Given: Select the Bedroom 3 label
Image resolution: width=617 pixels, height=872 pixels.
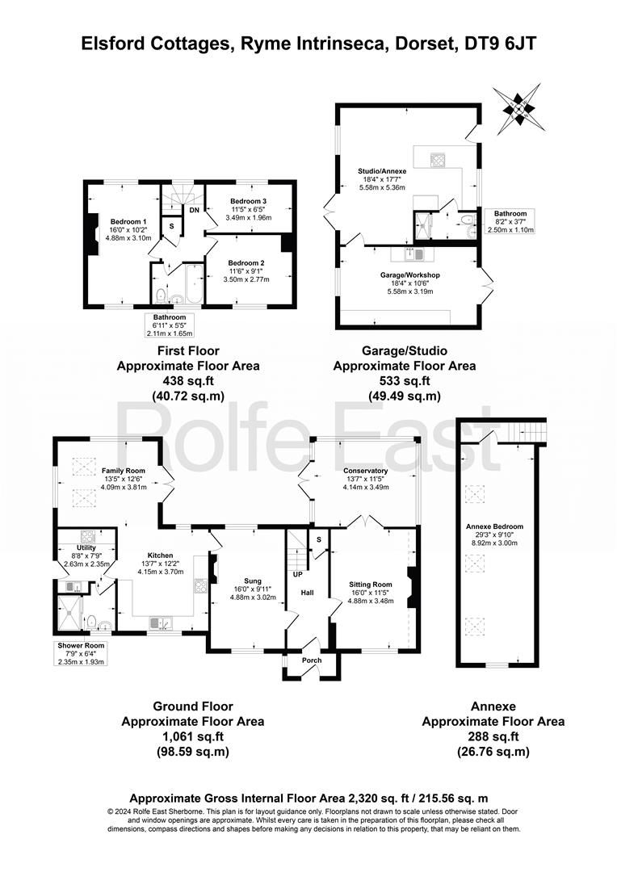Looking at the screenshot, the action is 248,201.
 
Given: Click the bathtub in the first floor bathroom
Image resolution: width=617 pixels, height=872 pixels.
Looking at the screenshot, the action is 194,283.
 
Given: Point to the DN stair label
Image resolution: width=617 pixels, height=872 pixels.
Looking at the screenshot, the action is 194,210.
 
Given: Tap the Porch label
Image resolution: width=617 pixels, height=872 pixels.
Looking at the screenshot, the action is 312,660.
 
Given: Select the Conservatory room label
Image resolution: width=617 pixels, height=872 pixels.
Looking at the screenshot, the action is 366,471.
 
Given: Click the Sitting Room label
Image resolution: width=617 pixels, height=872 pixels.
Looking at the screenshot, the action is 371,585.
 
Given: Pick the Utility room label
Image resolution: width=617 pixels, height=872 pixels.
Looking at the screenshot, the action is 86,547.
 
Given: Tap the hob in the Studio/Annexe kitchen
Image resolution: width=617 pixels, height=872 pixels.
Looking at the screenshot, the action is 437,160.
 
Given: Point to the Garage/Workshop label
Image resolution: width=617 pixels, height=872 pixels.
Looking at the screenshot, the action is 410,275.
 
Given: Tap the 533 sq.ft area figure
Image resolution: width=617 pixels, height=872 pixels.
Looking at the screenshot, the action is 405,381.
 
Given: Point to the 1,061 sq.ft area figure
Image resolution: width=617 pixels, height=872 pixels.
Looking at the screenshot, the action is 193,736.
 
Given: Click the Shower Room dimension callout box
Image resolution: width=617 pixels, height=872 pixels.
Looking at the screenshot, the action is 82,653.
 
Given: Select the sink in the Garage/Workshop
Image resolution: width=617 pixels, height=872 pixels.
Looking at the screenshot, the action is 415,254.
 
